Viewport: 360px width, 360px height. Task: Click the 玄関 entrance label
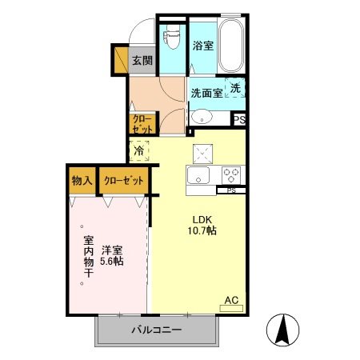(142, 59)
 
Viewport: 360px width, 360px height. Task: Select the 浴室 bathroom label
(203, 46)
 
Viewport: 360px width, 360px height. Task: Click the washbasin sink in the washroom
(202, 115)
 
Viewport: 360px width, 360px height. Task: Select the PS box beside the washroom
(239, 118)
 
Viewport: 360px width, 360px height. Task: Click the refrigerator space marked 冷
(139, 150)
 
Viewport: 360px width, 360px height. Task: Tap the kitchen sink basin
(199, 175)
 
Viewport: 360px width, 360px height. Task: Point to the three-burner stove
(232, 174)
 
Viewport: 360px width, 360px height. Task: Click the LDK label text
(201, 220)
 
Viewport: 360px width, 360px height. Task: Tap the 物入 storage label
(81, 180)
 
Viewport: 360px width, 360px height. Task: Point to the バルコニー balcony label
(158, 330)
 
